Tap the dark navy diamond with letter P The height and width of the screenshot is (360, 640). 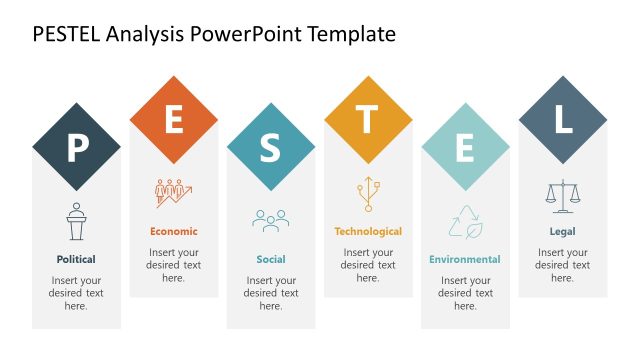(76, 147)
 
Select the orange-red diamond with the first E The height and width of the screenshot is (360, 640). (173, 119)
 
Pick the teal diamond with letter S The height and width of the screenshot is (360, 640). (270, 147)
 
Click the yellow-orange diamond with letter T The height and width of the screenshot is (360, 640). (367, 119)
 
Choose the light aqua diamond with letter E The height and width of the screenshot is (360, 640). (465, 147)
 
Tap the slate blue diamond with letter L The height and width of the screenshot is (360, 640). (562, 119)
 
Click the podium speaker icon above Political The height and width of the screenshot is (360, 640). (76, 221)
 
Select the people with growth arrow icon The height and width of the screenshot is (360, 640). (173, 193)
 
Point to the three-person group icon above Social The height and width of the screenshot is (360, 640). (270, 220)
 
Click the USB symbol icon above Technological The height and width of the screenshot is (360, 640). (367, 193)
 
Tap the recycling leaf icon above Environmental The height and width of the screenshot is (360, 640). (465, 221)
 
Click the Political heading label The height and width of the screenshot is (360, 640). (76, 259)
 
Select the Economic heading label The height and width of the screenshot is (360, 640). (173, 231)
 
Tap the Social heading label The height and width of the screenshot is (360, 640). (270, 259)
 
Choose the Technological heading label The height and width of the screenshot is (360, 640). (367, 231)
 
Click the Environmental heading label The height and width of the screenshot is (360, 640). (465, 259)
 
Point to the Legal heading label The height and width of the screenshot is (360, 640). (562, 231)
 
